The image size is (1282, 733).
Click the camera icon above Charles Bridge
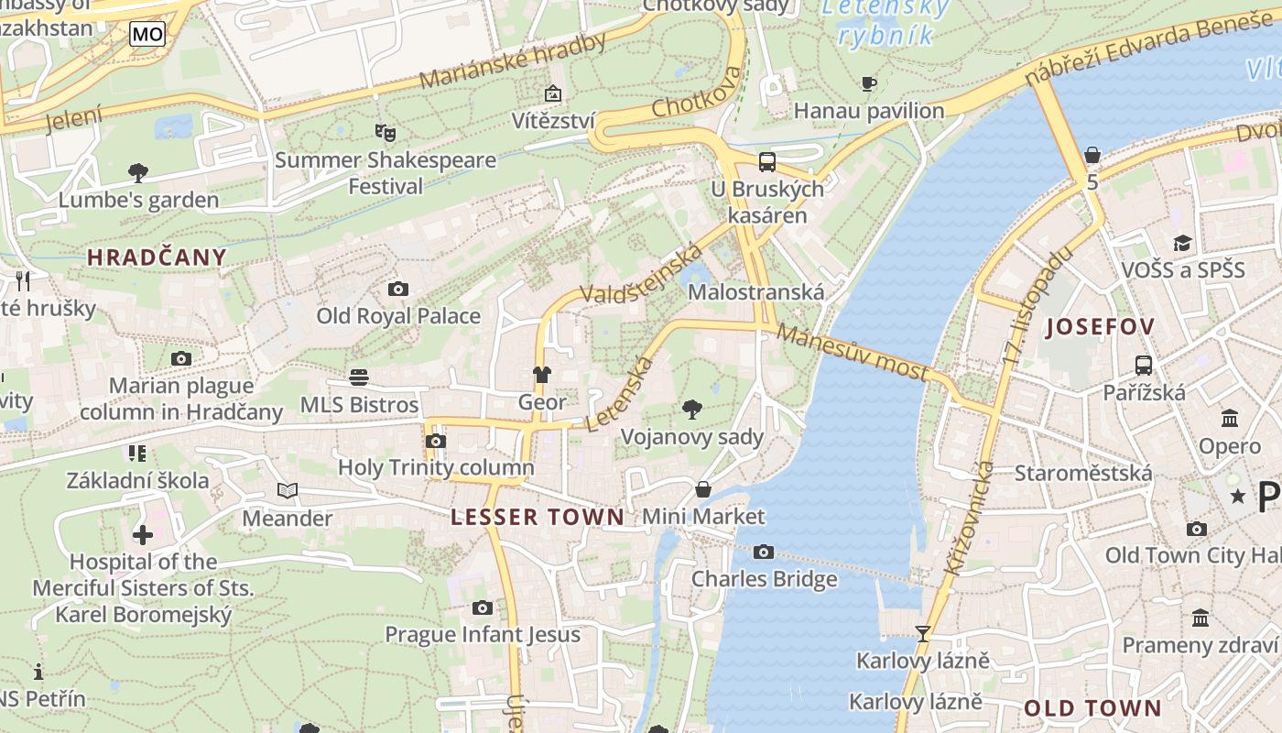(x=763, y=552)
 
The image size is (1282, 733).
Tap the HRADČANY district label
(x=157, y=257)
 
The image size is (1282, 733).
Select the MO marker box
(x=147, y=35)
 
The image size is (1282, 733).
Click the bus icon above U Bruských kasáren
(x=767, y=162)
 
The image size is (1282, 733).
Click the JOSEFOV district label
(x=1100, y=326)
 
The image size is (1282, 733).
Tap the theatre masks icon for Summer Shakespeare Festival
(x=386, y=133)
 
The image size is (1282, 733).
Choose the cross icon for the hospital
(x=143, y=534)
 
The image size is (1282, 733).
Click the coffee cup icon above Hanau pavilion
(x=868, y=84)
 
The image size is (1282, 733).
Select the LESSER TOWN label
(x=538, y=517)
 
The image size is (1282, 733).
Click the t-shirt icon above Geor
(x=542, y=375)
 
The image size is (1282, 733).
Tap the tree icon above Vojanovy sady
(x=692, y=409)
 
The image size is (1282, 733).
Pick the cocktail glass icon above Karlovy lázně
(x=923, y=633)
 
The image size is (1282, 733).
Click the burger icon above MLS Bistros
(x=359, y=377)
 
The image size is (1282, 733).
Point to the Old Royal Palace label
(x=398, y=316)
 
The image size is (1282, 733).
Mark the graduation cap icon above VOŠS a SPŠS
(x=1183, y=243)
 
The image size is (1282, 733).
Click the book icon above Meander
(x=288, y=491)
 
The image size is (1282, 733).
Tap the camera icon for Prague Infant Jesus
(x=483, y=607)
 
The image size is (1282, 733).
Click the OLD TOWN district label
(x=1092, y=708)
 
